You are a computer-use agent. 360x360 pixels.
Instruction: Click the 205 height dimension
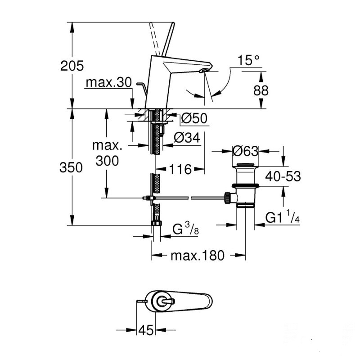(x=72, y=66)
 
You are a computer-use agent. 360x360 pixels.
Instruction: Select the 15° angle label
(x=249, y=59)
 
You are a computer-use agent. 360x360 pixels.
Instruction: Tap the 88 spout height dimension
(x=261, y=90)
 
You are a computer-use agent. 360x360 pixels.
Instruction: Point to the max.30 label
(x=108, y=83)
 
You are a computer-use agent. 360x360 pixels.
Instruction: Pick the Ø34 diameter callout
(x=186, y=138)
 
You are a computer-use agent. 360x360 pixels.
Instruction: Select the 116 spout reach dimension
(x=180, y=169)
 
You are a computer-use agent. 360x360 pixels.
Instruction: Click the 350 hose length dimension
(x=72, y=167)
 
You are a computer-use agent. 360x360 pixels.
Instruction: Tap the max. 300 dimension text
(x=107, y=153)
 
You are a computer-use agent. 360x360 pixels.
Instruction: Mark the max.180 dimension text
(x=197, y=256)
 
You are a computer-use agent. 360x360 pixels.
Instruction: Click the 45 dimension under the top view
(x=145, y=331)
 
